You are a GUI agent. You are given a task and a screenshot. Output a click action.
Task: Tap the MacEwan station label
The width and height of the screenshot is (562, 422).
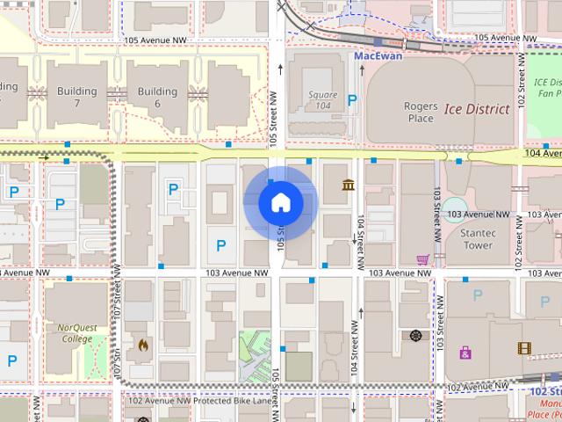[378, 55]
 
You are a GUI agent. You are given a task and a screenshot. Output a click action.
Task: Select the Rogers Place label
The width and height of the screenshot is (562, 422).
[420, 112]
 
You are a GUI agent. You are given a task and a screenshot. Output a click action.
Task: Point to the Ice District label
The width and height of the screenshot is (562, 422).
[476, 110]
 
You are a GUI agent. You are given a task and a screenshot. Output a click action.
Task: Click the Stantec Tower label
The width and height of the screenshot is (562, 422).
[479, 239]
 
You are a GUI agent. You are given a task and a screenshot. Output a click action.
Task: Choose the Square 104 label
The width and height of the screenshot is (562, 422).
[322, 99]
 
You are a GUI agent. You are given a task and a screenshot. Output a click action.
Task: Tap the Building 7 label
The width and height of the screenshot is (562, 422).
[76, 97]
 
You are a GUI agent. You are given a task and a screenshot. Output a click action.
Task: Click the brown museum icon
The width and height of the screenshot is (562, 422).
[349, 185]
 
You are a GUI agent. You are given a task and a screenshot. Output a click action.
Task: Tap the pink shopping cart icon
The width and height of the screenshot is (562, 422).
[423, 259]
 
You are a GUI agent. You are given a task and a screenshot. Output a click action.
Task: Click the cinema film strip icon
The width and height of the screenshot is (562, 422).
[524, 348]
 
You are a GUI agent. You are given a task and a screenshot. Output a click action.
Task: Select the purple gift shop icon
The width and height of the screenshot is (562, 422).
[465, 353]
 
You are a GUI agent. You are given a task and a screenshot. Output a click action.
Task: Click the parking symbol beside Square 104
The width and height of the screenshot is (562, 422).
[352, 100]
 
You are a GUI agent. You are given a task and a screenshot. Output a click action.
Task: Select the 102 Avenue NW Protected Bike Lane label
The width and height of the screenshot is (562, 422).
[199, 401]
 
